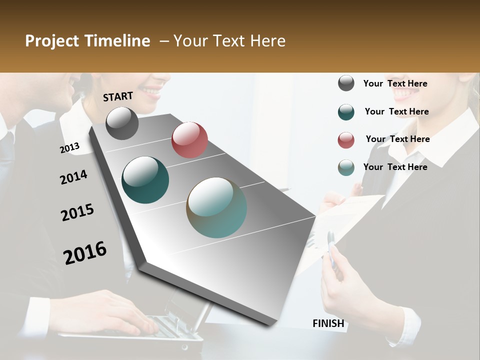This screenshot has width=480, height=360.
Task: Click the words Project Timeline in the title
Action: point(87,41)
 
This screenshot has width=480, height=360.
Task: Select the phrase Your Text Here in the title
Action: point(229,41)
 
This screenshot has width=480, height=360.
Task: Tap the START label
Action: point(118,96)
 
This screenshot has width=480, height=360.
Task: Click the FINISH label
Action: point(328,323)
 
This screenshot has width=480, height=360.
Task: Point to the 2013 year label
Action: point(69,148)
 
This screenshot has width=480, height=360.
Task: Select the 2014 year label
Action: point(73,177)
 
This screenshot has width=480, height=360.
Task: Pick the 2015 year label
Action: point(77,212)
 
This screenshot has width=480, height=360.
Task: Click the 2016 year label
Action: point(85,253)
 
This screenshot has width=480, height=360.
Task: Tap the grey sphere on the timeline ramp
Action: point(122,123)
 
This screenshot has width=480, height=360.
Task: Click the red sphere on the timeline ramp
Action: point(189,140)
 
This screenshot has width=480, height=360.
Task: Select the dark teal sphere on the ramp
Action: point(145,180)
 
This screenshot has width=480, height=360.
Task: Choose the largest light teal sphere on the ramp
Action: point(216,207)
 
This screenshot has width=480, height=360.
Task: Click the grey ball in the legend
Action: point(346,83)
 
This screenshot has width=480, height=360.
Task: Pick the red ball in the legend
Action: point(346,140)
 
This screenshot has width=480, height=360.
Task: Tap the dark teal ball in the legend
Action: point(346,112)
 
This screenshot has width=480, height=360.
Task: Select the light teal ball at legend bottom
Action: point(346,168)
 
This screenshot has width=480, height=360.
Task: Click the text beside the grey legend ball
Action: point(395,83)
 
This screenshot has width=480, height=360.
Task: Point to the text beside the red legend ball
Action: point(397,139)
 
